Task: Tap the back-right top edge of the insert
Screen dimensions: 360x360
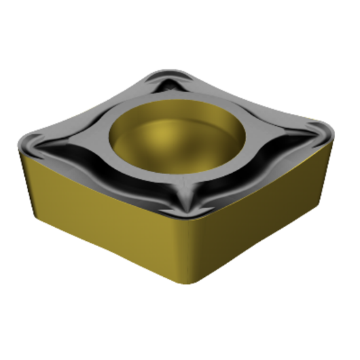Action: pyautogui.click(x=255, y=98)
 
